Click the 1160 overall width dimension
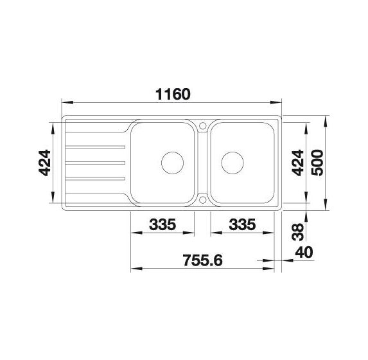(173, 94)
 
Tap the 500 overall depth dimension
(317, 163)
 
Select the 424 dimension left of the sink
(44, 163)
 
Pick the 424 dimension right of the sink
(297, 163)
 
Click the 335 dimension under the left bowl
(162, 224)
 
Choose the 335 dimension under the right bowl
(242, 224)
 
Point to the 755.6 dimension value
(202, 260)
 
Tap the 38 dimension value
(297, 232)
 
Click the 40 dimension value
(304, 252)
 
